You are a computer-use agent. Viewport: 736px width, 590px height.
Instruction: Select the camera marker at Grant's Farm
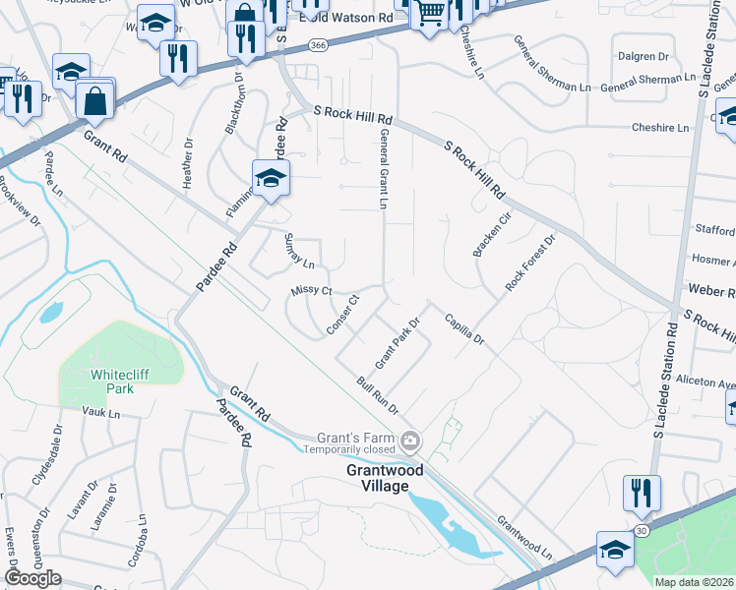point(411,439)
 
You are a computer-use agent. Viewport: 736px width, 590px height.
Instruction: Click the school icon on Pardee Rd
point(269,178)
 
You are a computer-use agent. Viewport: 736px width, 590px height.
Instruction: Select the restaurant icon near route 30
point(641,493)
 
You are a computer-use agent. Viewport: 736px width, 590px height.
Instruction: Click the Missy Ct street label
point(312,291)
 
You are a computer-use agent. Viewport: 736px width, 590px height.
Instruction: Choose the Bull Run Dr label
point(377,395)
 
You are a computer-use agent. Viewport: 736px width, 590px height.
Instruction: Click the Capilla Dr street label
point(464,327)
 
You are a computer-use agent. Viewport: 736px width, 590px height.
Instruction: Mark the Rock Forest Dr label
point(530,262)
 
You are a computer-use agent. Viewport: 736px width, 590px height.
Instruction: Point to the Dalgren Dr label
point(641,58)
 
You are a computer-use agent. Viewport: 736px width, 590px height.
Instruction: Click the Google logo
point(33,577)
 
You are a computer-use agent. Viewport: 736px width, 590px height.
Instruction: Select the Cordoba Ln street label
point(137,543)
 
